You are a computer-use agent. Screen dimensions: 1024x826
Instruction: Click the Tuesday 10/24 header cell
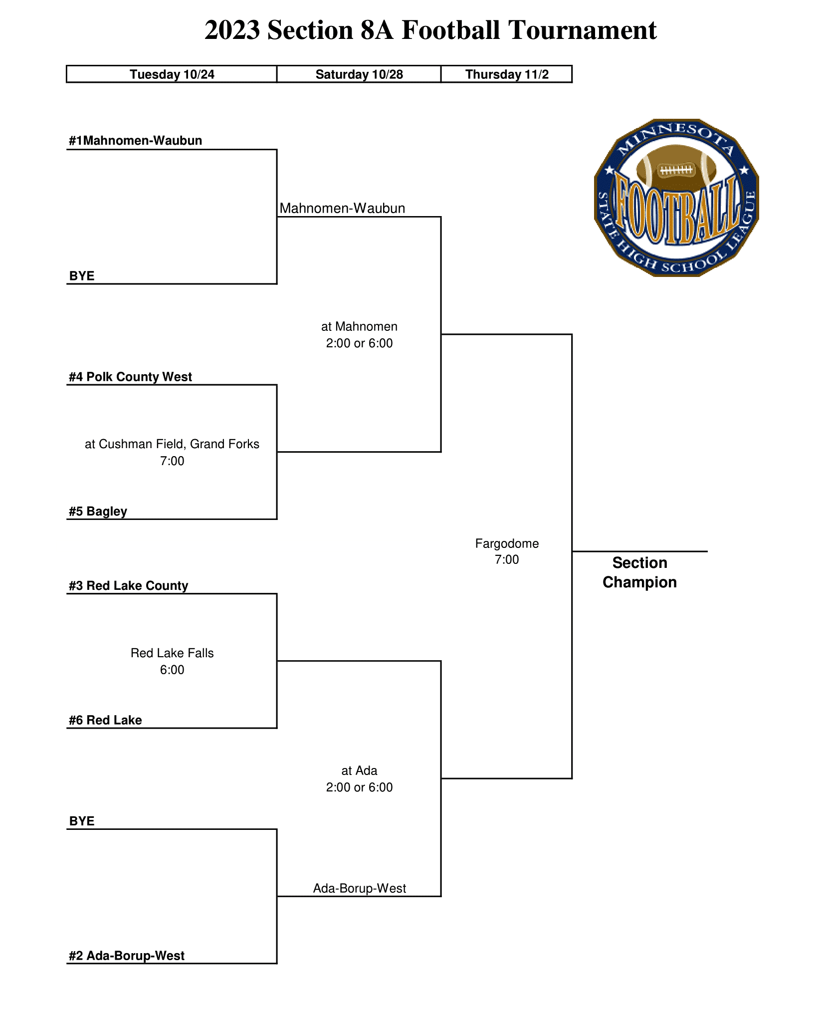click(x=172, y=74)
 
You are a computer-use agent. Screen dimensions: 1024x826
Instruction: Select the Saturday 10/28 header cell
click(x=359, y=74)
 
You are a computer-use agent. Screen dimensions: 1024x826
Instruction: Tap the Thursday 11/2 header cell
click(x=507, y=74)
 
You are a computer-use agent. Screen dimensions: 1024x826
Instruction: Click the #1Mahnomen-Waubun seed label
click(x=136, y=141)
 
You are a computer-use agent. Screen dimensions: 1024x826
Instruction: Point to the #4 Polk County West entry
click(x=130, y=377)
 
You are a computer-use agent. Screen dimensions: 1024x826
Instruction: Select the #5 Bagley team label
click(x=98, y=512)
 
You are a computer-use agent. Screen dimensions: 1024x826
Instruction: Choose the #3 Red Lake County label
click(x=128, y=586)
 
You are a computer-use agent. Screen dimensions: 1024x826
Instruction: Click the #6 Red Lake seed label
click(x=105, y=720)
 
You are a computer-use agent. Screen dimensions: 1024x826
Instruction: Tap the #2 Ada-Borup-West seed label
click(x=127, y=956)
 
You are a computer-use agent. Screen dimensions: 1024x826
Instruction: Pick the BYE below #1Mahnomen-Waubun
click(x=82, y=276)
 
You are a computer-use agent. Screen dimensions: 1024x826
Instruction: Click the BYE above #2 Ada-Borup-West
click(x=82, y=821)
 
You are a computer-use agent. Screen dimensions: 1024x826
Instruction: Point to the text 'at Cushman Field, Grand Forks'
click(x=172, y=444)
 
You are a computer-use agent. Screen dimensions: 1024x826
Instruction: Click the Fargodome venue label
click(x=507, y=543)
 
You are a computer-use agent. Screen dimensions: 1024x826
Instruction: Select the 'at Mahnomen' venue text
click(x=359, y=327)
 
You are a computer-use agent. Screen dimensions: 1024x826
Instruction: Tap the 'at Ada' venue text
click(x=359, y=770)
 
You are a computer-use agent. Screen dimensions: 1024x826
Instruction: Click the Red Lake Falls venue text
click(x=172, y=653)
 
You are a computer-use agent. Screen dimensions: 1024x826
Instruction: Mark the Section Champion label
click(x=639, y=572)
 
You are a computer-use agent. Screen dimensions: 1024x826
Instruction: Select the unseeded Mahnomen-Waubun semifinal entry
click(x=342, y=208)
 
